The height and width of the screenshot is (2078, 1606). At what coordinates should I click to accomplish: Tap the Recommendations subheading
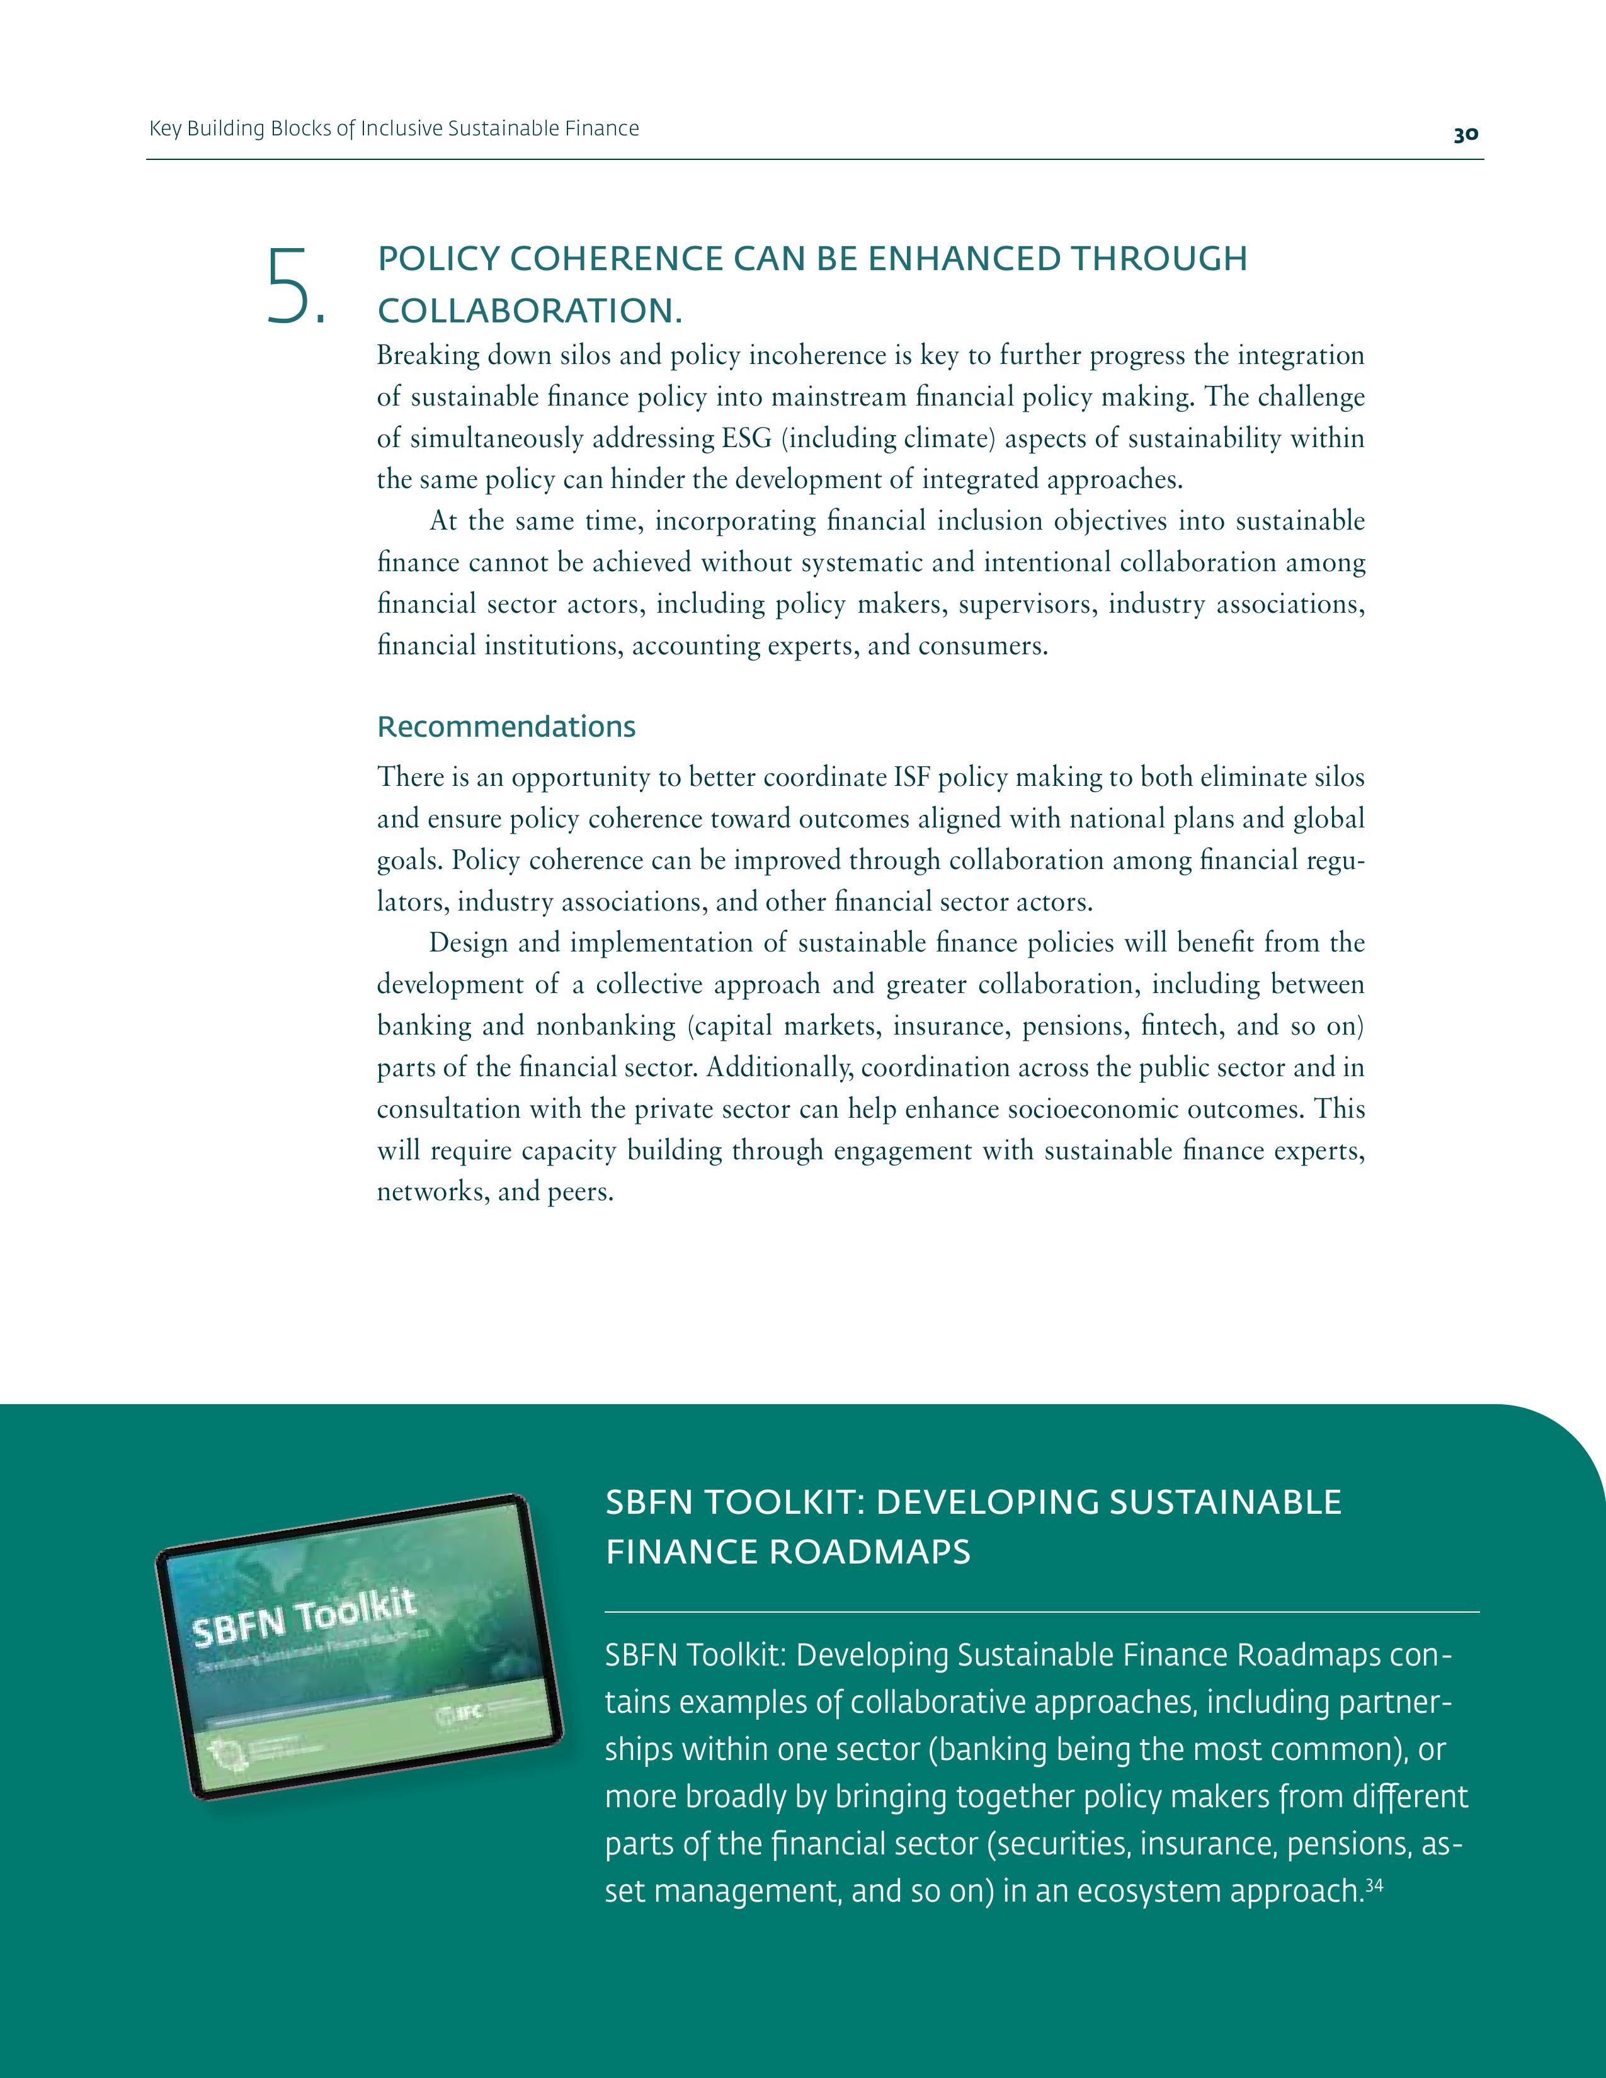coord(506,727)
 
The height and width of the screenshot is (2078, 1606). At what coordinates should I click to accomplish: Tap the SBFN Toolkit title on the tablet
coord(304,1618)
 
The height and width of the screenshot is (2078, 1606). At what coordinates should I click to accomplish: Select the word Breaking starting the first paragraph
coord(428,356)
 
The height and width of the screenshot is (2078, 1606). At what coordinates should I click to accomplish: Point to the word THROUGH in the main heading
coord(1159,259)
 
